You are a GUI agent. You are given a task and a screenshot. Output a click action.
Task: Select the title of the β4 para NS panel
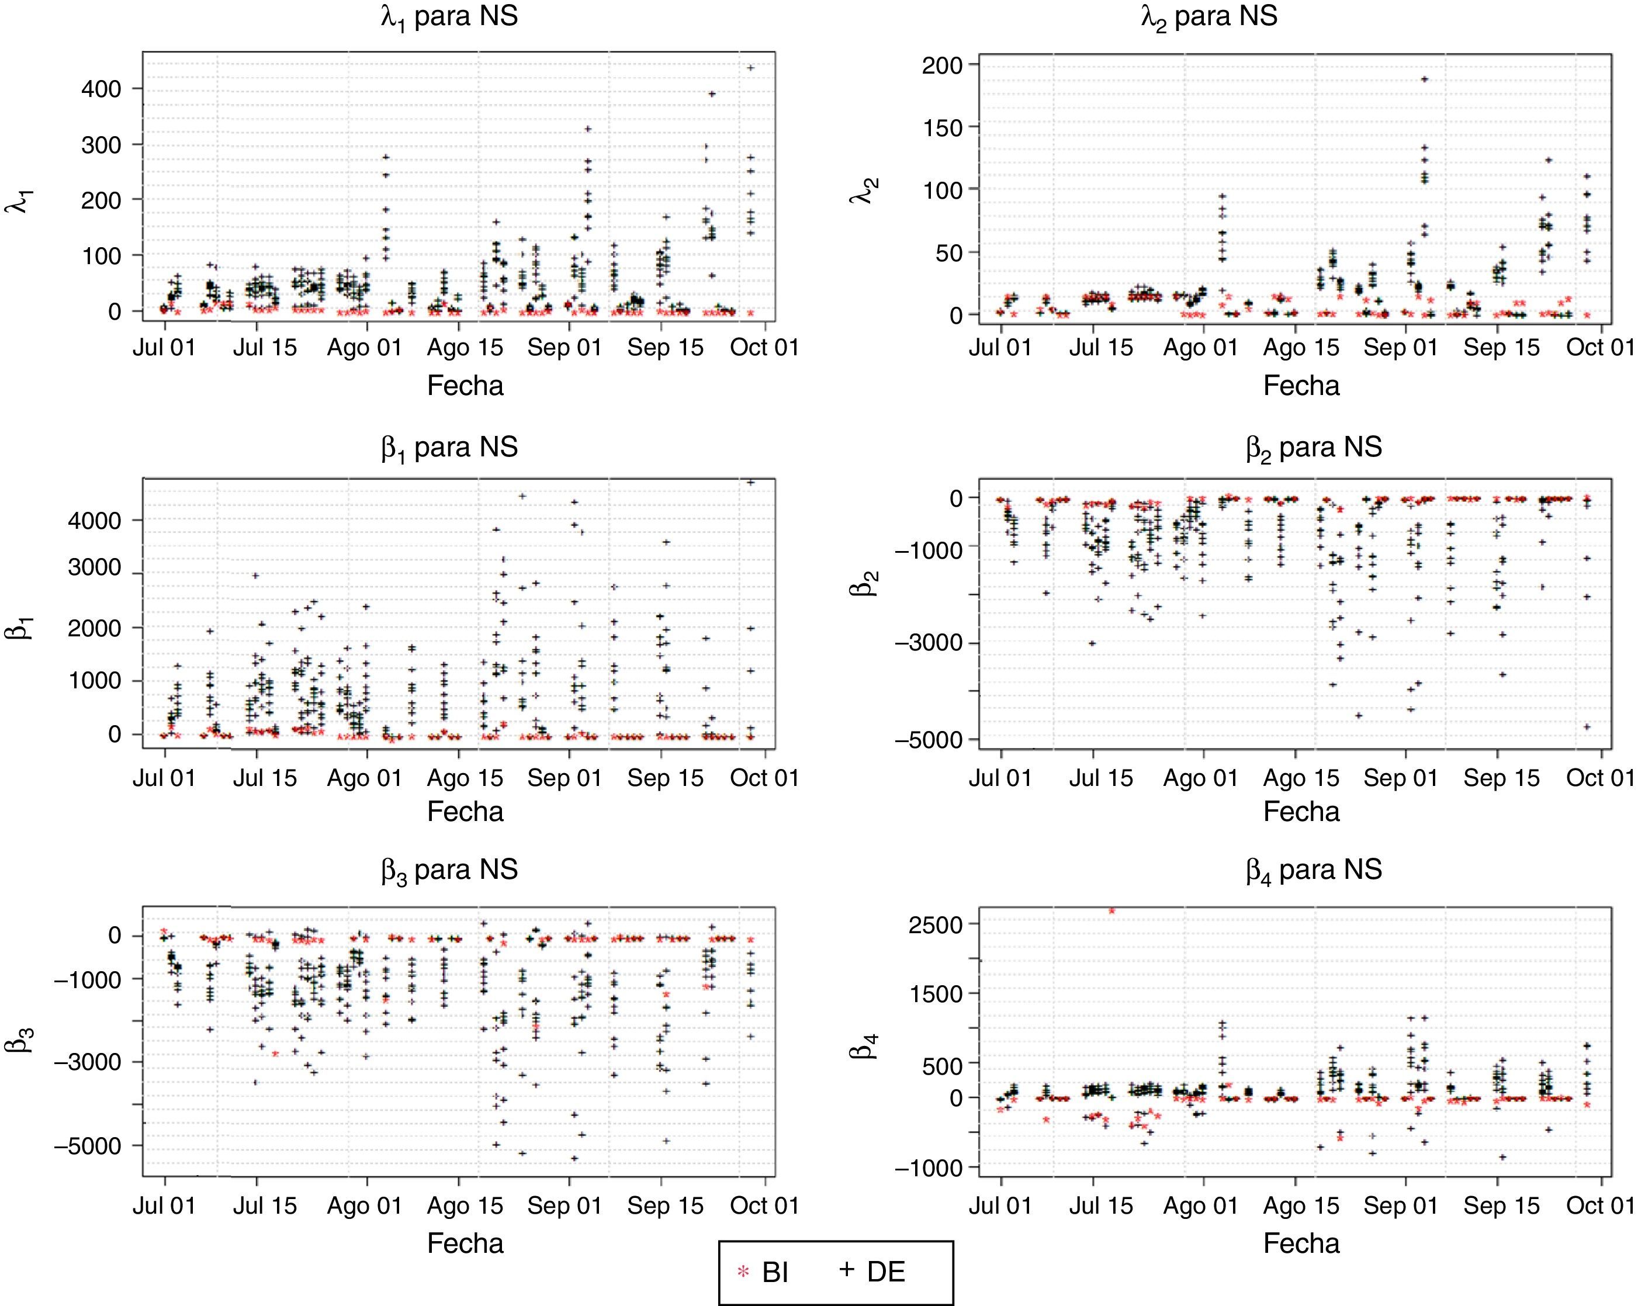click(1314, 870)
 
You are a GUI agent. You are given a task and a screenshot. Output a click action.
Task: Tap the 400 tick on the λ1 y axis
click(101, 89)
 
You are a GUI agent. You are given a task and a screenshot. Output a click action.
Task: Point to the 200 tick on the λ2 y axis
click(942, 65)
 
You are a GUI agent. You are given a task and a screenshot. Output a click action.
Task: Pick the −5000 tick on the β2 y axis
click(929, 739)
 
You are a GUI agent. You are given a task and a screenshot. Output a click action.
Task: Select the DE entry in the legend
click(874, 1271)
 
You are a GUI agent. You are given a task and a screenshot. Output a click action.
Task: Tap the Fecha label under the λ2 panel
click(1301, 386)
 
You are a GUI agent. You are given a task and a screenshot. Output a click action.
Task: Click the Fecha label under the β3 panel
click(465, 1243)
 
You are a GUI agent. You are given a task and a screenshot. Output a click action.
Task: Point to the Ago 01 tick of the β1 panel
click(365, 778)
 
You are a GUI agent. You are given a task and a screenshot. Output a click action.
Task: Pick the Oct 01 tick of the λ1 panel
click(764, 347)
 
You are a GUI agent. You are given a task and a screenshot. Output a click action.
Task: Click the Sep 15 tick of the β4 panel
click(1501, 1205)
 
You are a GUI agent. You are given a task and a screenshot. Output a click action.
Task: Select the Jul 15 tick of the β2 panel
click(1101, 778)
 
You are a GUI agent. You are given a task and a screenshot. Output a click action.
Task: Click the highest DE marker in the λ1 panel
click(750, 68)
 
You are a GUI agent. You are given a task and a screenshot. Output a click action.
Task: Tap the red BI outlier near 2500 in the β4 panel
click(1111, 910)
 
